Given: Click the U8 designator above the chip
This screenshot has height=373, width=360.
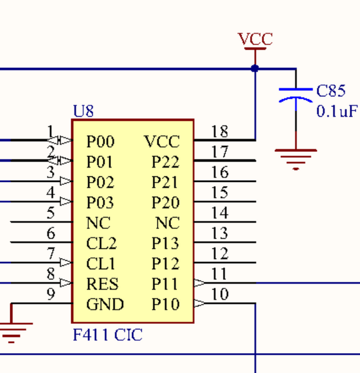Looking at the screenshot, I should pyautogui.click(x=83, y=111).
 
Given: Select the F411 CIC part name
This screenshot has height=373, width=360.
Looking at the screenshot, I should pyautogui.click(x=108, y=335).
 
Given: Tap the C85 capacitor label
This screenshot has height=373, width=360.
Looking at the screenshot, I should pyautogui.click(x=331, y=91).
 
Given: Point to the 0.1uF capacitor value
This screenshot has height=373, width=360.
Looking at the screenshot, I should pyautogui.click(x=336, y=111).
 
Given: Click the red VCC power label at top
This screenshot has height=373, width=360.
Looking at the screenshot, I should pyautogui.click(x=255, y=40).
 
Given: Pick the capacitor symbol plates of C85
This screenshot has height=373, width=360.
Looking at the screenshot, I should pyautogui.click(x=295, y=94).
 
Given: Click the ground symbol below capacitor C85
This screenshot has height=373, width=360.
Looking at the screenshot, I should pyautogui.click(x=295, y=157).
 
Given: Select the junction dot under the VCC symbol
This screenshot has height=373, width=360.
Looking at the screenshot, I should pyautogui.click(x=255, y=68).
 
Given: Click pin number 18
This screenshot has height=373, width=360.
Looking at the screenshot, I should pyautogui.click(x=220, y=132).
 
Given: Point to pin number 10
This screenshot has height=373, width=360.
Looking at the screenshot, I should pyautogui.click(x=220, y=294).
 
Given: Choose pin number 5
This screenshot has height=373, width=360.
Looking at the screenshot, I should pyautogui.click(x=51, y=213).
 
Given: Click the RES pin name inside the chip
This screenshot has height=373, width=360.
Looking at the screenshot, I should pyautogui.click(x=103, y=284).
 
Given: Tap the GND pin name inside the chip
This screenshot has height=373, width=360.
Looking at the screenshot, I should pyautogui.click(x=105, y=305).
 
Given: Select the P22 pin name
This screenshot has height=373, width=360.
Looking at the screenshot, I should pyautogui.click(x=166, y=162).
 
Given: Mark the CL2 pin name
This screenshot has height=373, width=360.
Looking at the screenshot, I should pyautogui.click(x=102, y=244).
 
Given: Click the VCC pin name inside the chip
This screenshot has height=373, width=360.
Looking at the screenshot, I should pyautogui.click(x=162, y=142).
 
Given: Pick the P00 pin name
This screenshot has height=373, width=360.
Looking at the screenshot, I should pyautogui.click(x=101, y=142).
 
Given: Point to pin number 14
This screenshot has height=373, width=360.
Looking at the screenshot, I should pyautogui.click(x=220, y=213).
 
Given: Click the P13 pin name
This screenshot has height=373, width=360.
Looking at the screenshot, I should pyautogui.click(x=166, y=244).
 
